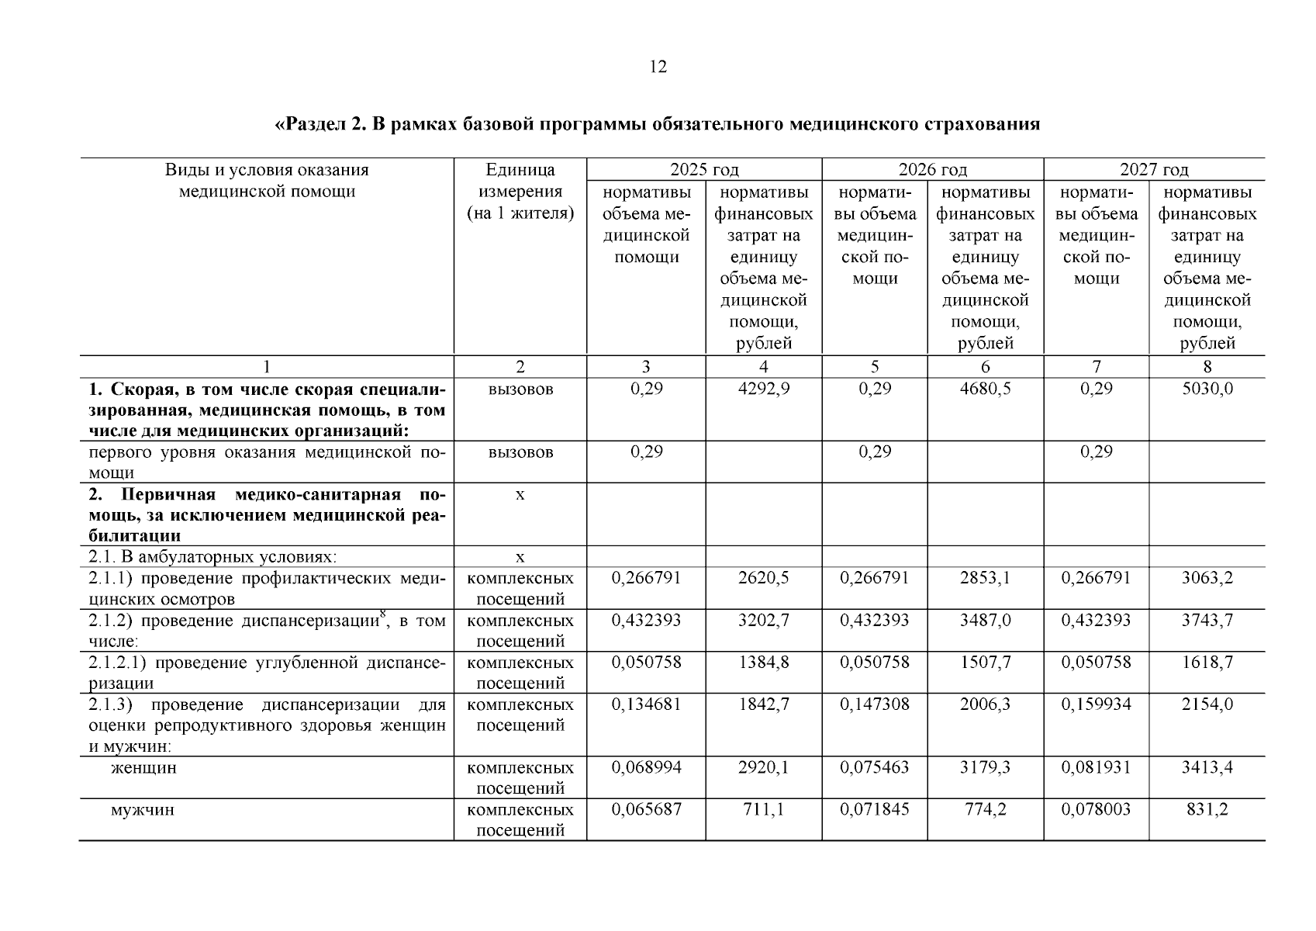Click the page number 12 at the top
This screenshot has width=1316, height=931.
click(x=657, y=67)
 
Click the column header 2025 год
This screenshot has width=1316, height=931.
click(x=703, y=169)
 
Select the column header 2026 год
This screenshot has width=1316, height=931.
click(x=932, y=169)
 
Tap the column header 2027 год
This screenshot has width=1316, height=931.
click(x=1153, y=169)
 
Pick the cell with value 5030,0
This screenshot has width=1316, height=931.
click(x=1207, y=389)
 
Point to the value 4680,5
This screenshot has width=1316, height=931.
click(x=985, y=389)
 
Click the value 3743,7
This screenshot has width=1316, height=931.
click(x=1207, y=620)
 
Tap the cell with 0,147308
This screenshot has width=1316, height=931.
click(x=874, y=704)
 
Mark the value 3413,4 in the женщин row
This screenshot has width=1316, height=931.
click(x=1207, y=767)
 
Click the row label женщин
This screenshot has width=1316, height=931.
click(x=143, y=768)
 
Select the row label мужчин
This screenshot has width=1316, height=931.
click(x=142, y=810)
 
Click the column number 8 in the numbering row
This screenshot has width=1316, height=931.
click(x=1207, y=367)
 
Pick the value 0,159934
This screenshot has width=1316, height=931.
click(x=1096, y=704)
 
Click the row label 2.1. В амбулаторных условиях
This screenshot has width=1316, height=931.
click(x=212, y=557)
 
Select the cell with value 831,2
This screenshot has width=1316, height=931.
click(x=1207, y=809)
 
